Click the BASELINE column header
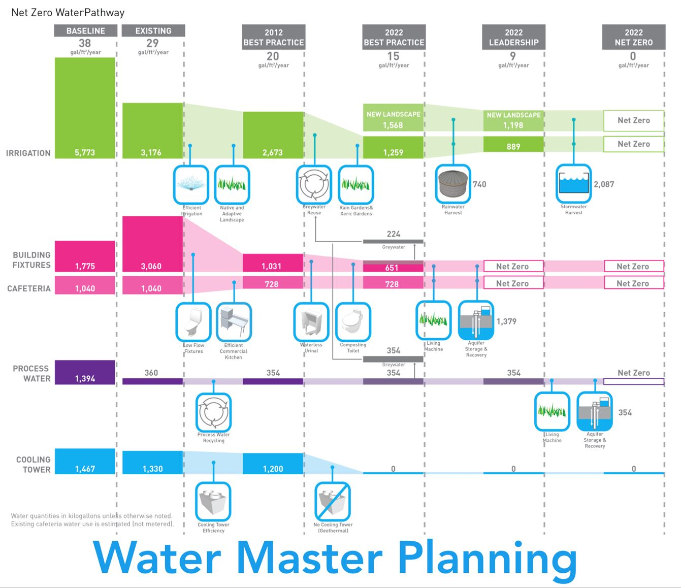pos(85,30)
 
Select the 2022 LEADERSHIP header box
pos(513,37)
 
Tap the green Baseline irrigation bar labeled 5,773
pos(85,108)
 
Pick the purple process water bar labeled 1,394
pos(85,372)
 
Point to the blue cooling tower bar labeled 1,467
pos(85,461)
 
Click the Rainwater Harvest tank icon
pos(453,184)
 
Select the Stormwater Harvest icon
pos(573,183)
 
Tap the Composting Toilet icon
pos(353,322)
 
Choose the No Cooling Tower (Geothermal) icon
pos(332,501)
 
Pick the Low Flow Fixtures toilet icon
pos(193,322)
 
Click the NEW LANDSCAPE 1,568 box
pos(394,119)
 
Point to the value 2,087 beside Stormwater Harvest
pos(604,184)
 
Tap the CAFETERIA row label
pos(29,288)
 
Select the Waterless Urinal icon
pos(311,322)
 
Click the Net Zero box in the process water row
pos(633,381)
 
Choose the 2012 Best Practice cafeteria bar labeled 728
pos(273,284)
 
